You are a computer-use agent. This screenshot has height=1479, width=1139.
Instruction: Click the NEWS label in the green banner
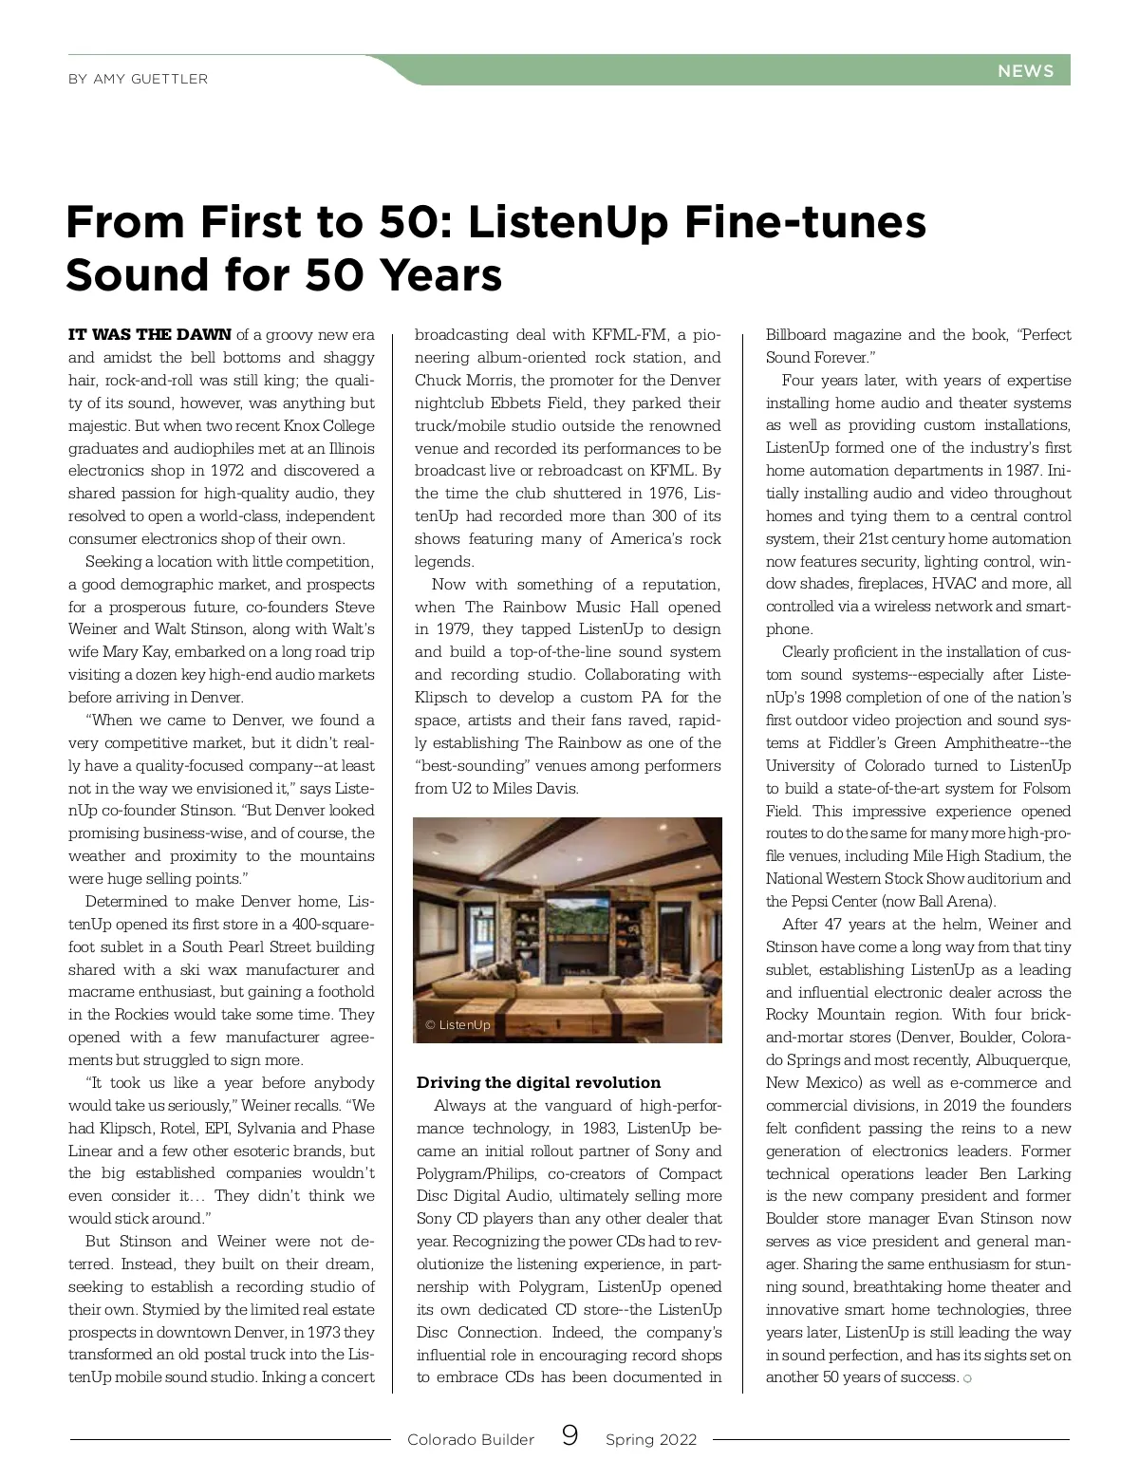[x=1025, y=71]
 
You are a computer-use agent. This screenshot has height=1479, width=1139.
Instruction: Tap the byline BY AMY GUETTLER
[x=138, y=79]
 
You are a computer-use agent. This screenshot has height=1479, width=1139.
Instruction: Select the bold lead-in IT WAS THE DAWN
[x=150, y=334]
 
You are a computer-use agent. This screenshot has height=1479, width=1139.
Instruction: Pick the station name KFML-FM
[x=630, y=335]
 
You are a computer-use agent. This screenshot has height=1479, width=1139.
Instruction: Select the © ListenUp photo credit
[x=458, y=1025]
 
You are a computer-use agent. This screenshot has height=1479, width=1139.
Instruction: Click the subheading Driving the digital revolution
[x=538, y=1083]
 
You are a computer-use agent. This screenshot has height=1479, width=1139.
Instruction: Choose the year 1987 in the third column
[x=999, y=471]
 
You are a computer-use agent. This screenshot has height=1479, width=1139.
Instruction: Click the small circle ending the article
[x=967, y=1379]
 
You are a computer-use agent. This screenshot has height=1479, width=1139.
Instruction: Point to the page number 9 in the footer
[x=569, y=1436]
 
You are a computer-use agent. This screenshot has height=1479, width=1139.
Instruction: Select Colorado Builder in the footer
[x=471, y=1440]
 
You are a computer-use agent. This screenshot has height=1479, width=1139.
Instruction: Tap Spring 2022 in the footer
[x=651, y=1440]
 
